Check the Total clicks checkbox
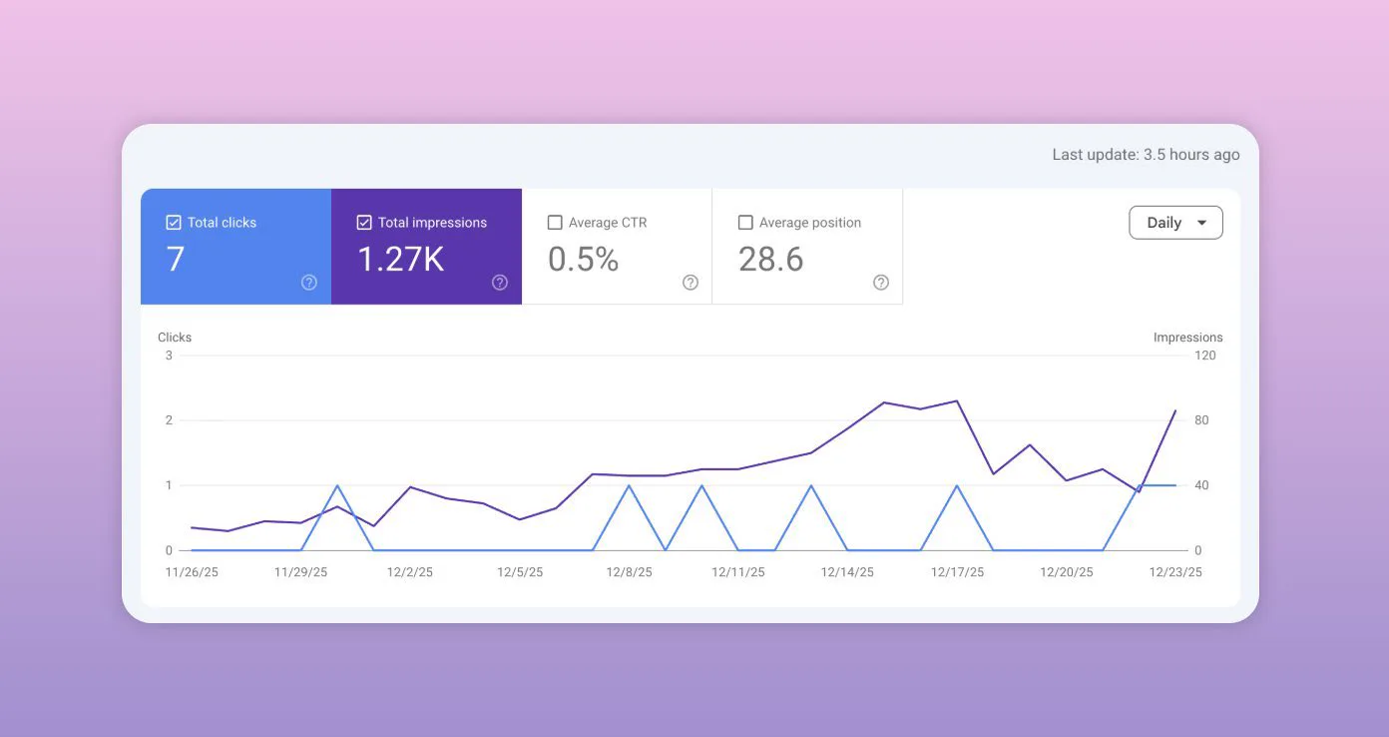(x=174, y=222)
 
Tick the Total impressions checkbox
(x=364, y=222)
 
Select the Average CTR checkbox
(x=555, y=222)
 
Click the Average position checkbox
(x=745, y=222)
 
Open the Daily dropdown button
(x=1175, y=222)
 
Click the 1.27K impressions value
(x=400, y=259)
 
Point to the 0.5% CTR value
(x=583, y=259)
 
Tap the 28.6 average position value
(x=770, y=259)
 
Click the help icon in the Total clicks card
(x=308, y=283)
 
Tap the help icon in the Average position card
(x=880, y=283)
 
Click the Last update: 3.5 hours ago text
(x=1146, y=155)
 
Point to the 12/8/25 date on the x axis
(x=629, y=572)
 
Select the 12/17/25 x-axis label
(x=957, y=572)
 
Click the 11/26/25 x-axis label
(x=192, y=572)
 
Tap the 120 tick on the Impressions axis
(x=1204, y=356)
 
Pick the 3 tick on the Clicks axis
(x=169, y=356)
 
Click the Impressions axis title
(x=1188, y=338)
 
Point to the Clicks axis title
(x=175, y=338)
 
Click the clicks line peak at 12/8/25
(x=629, y=485)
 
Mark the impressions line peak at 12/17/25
(x=957, y=400)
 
